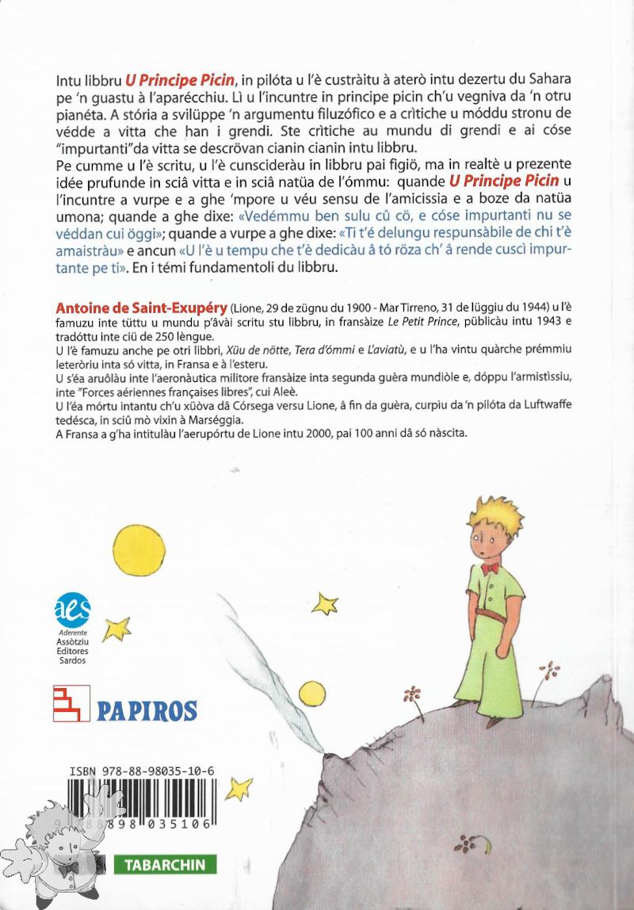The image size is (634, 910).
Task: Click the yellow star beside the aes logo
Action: [117, 628]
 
